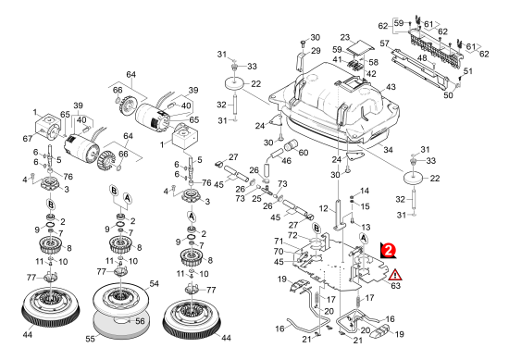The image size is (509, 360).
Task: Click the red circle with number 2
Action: click(388, 249)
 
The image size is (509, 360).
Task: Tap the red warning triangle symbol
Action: click(395, 275)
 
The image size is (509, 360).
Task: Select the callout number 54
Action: click(154, 284)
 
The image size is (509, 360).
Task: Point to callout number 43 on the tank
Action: click(391, 87)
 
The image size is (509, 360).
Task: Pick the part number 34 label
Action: click(388, 149)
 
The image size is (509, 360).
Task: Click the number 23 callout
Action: click(345, 37)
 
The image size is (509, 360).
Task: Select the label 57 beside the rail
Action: click(384, 43)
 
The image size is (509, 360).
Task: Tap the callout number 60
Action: click(304, 153)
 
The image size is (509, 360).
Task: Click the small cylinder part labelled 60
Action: click(291, 143)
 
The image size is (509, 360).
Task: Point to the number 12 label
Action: click(324, 208)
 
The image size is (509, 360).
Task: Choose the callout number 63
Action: click(396, 286)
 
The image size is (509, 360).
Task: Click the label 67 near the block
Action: click(28, 139)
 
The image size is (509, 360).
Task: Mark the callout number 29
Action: click(316, 51)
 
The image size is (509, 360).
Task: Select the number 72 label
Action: click(292, 235)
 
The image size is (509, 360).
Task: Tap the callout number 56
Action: click(140, 321)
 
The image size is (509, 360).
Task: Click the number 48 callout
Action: click(422, 58)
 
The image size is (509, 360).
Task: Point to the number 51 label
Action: click(468, 70)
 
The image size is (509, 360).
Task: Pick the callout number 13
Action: click(366, 228)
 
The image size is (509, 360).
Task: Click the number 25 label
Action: click(256, 198)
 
